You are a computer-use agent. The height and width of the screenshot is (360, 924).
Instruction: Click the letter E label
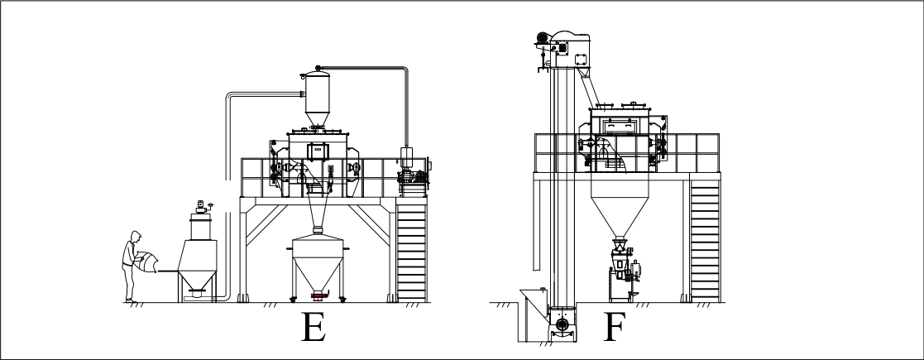click(x=314, y=327)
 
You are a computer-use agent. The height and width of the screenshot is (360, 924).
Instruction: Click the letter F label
click(x=613, y=327)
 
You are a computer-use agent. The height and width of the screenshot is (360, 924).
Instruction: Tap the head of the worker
click(x=136, y=236)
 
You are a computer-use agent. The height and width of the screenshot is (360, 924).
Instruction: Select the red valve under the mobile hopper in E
click(x=318, y=294)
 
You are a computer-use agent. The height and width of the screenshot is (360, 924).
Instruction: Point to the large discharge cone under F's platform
click(x=620, y=208)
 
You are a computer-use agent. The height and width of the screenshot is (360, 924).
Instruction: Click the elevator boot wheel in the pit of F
click(x=563, y=324)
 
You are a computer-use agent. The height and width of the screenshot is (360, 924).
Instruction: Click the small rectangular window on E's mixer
click(x=317, y=151)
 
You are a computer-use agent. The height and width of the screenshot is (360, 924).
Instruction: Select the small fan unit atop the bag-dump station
click(x=203, y=207)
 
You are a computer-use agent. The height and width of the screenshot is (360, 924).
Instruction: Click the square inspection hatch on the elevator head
click(x=581, y=59)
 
